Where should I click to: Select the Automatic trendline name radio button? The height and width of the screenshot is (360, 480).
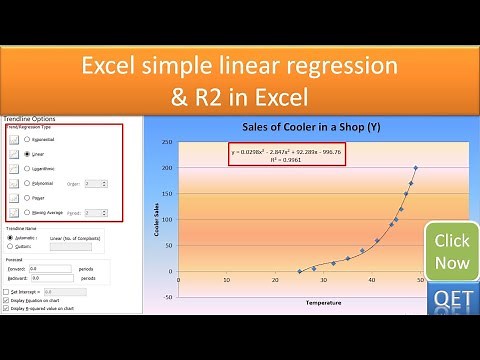(10, 237)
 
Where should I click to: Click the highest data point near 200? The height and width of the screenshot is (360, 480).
(415, 168)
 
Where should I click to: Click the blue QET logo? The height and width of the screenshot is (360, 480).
(449, 297)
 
